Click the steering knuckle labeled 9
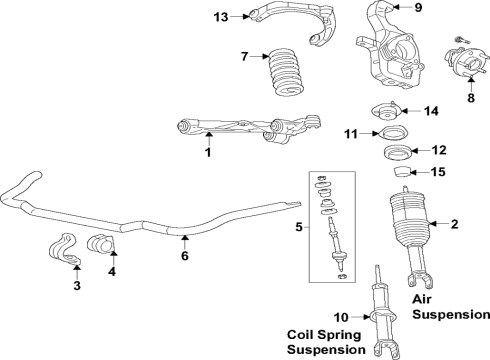[x=391, y=45]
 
